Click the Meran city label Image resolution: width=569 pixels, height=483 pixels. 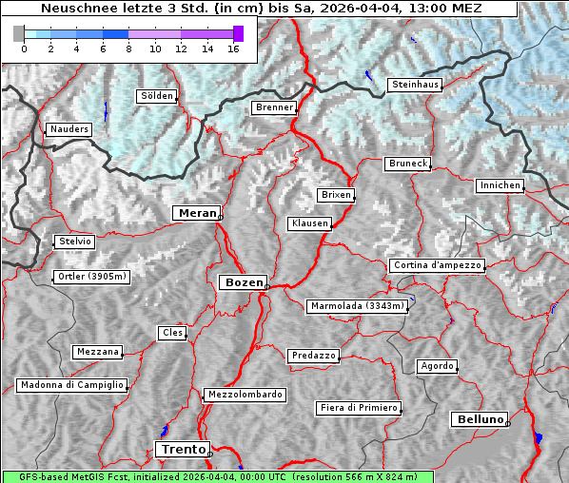pos(196,213)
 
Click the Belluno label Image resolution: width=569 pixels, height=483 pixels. pos(479,418)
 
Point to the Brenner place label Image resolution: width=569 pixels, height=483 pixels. pos(274,107)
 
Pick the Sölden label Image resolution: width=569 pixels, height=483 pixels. pos(157,96)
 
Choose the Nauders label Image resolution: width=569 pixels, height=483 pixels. pos(69,129)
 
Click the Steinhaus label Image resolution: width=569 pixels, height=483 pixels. pos(415,85)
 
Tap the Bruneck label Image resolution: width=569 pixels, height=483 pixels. pos(408,164)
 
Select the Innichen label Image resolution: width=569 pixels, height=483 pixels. pos(500,185)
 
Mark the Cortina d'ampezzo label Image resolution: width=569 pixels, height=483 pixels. pos(438,265)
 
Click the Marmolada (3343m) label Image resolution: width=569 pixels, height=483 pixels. pos(358,306)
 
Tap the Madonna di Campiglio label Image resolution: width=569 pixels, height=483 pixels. pos(71,385)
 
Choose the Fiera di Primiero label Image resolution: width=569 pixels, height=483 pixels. pos(358,408)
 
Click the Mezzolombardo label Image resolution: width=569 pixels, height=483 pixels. pos(244,394)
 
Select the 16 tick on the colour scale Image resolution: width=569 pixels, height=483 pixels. pos(233,48)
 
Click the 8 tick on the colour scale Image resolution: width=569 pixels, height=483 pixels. pos(128,48)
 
